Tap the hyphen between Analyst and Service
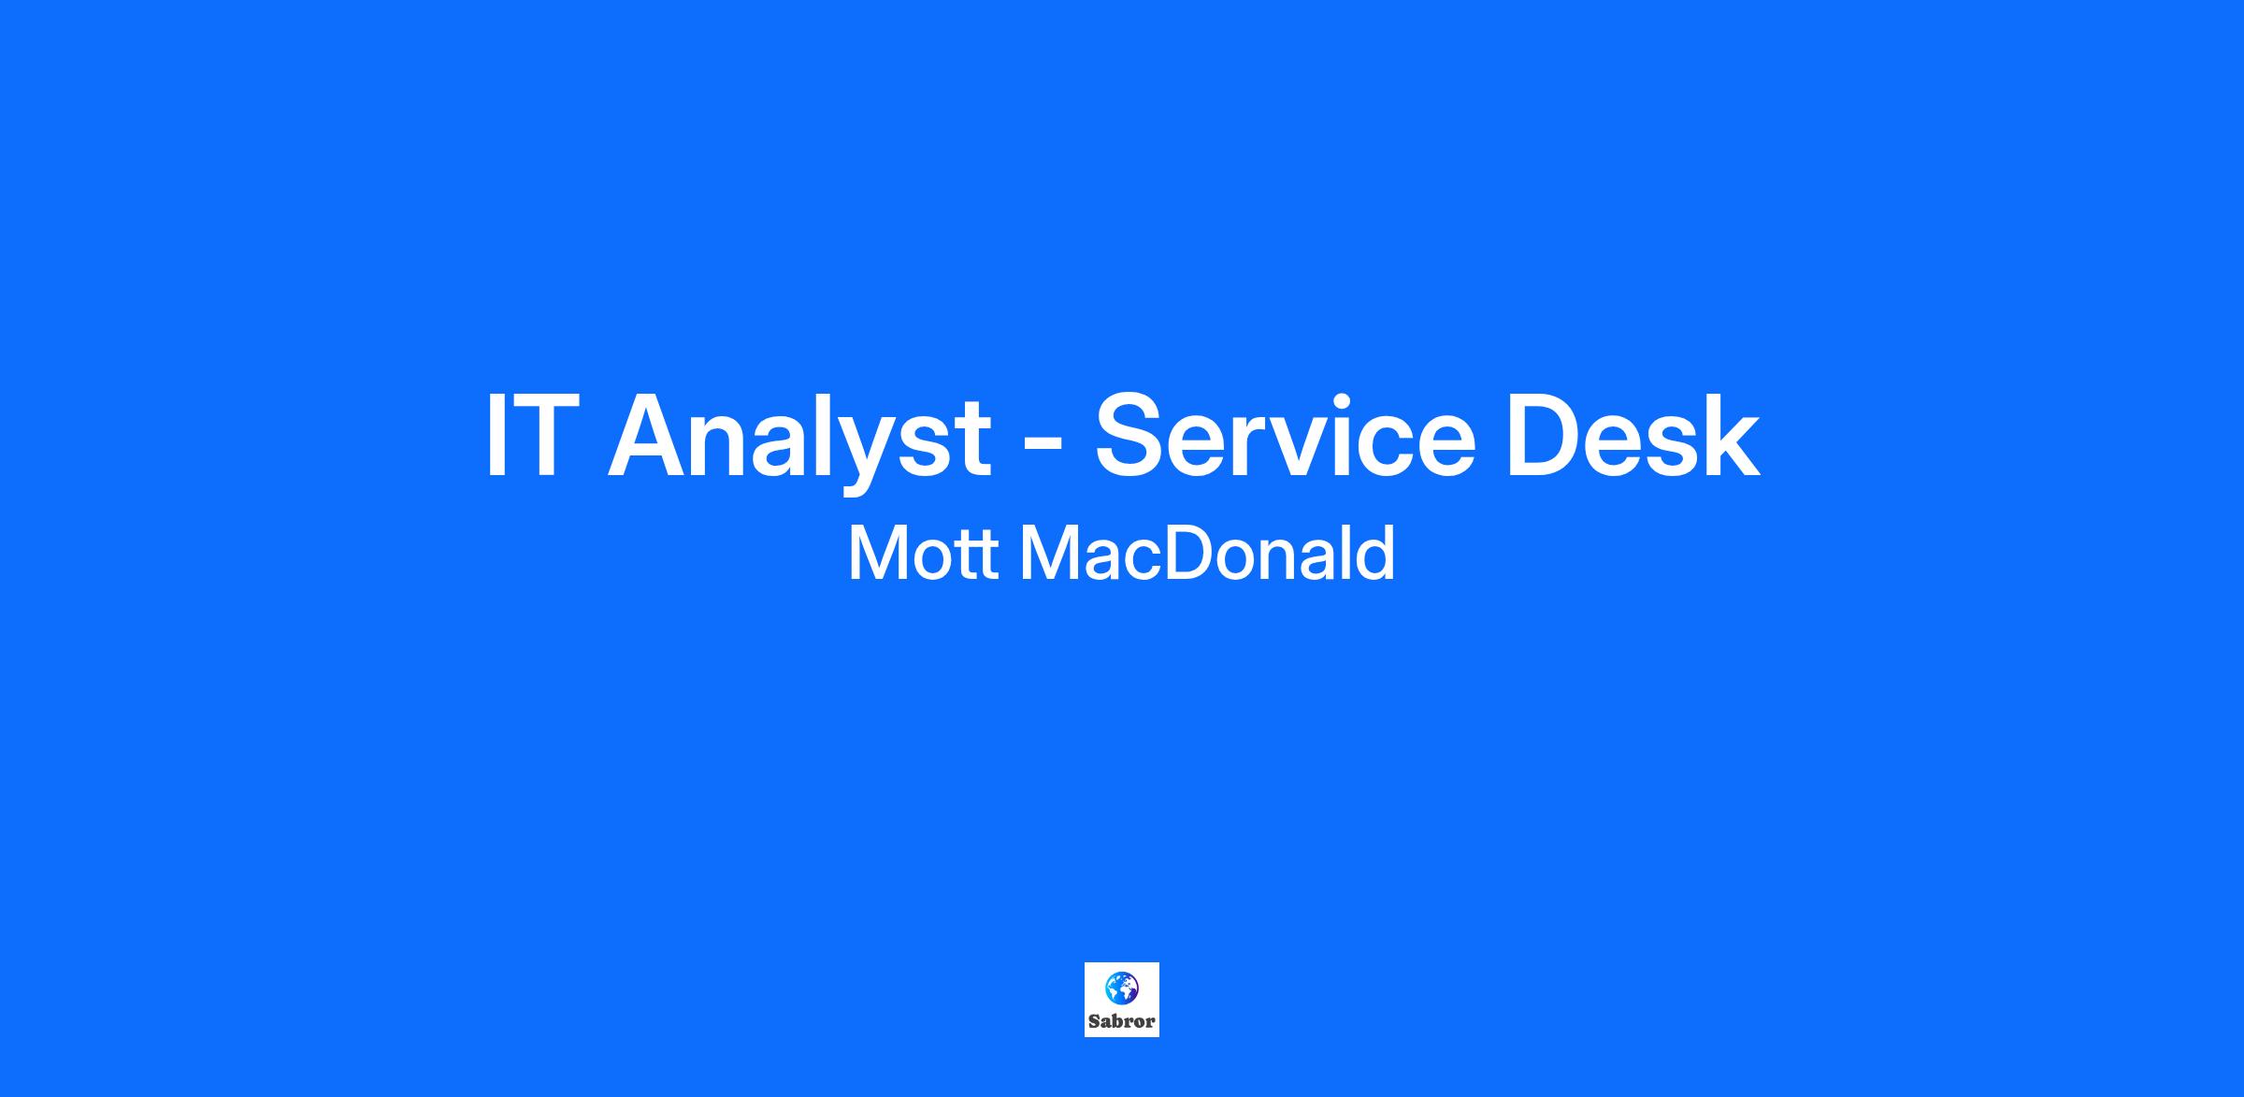tap(1043, 443)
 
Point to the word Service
tap(1285, 436)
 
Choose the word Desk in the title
tap(1633, 436)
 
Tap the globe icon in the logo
tap(1121, 987)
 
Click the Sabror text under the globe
tap(1121, 1021)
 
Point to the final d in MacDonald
tap(1374, 553)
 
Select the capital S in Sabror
tap(1094, 1021)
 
